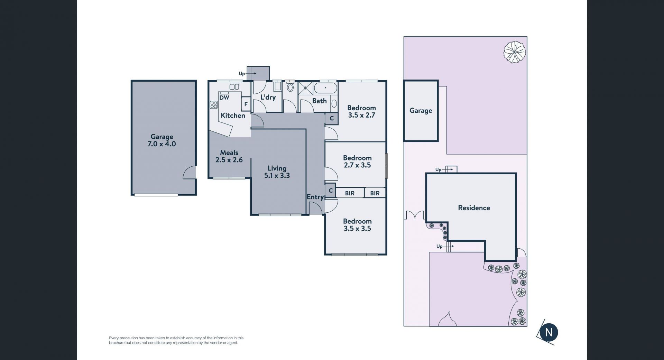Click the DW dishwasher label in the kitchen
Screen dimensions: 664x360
click(224, 98)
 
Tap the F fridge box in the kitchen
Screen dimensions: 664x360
click(246, 104)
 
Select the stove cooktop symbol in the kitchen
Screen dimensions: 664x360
click(214, 104)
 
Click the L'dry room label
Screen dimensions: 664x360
click(268, 97)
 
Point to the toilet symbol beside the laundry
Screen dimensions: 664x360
click(290, 87)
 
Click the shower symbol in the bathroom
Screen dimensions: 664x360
click(305, 88)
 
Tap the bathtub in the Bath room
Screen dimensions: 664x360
click(325, 88)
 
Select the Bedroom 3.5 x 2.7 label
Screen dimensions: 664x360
click(361, 112)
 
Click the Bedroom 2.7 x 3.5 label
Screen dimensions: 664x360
click(357, 161)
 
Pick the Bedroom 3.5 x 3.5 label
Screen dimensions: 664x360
click(357, 225)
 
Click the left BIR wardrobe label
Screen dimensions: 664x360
click(350, 193)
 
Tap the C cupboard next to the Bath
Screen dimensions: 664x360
click(331, 119)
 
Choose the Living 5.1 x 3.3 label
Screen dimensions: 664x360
click(277, 172)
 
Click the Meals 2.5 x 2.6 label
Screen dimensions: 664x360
click(229, 156)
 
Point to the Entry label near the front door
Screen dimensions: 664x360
click(315, 197)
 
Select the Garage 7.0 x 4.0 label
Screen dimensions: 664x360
click(162, 140)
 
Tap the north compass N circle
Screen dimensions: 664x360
click(548, 332)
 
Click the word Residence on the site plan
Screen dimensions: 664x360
click(474, 208)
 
